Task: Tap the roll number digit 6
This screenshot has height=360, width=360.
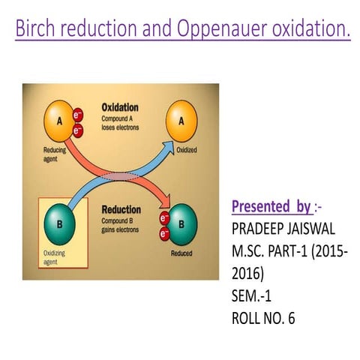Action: [291, 318]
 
